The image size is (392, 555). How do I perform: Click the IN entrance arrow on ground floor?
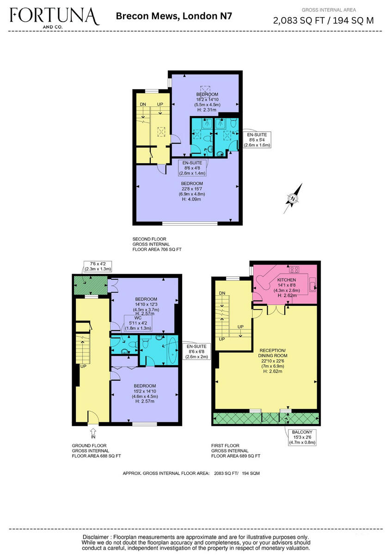point(93,433)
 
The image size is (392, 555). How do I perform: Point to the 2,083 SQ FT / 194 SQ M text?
point(324,20)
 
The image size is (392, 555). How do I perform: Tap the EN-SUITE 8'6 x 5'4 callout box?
point(257,140)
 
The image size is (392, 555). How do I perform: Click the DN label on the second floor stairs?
point(143,105)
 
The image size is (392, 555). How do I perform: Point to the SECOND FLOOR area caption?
point(157,244)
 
